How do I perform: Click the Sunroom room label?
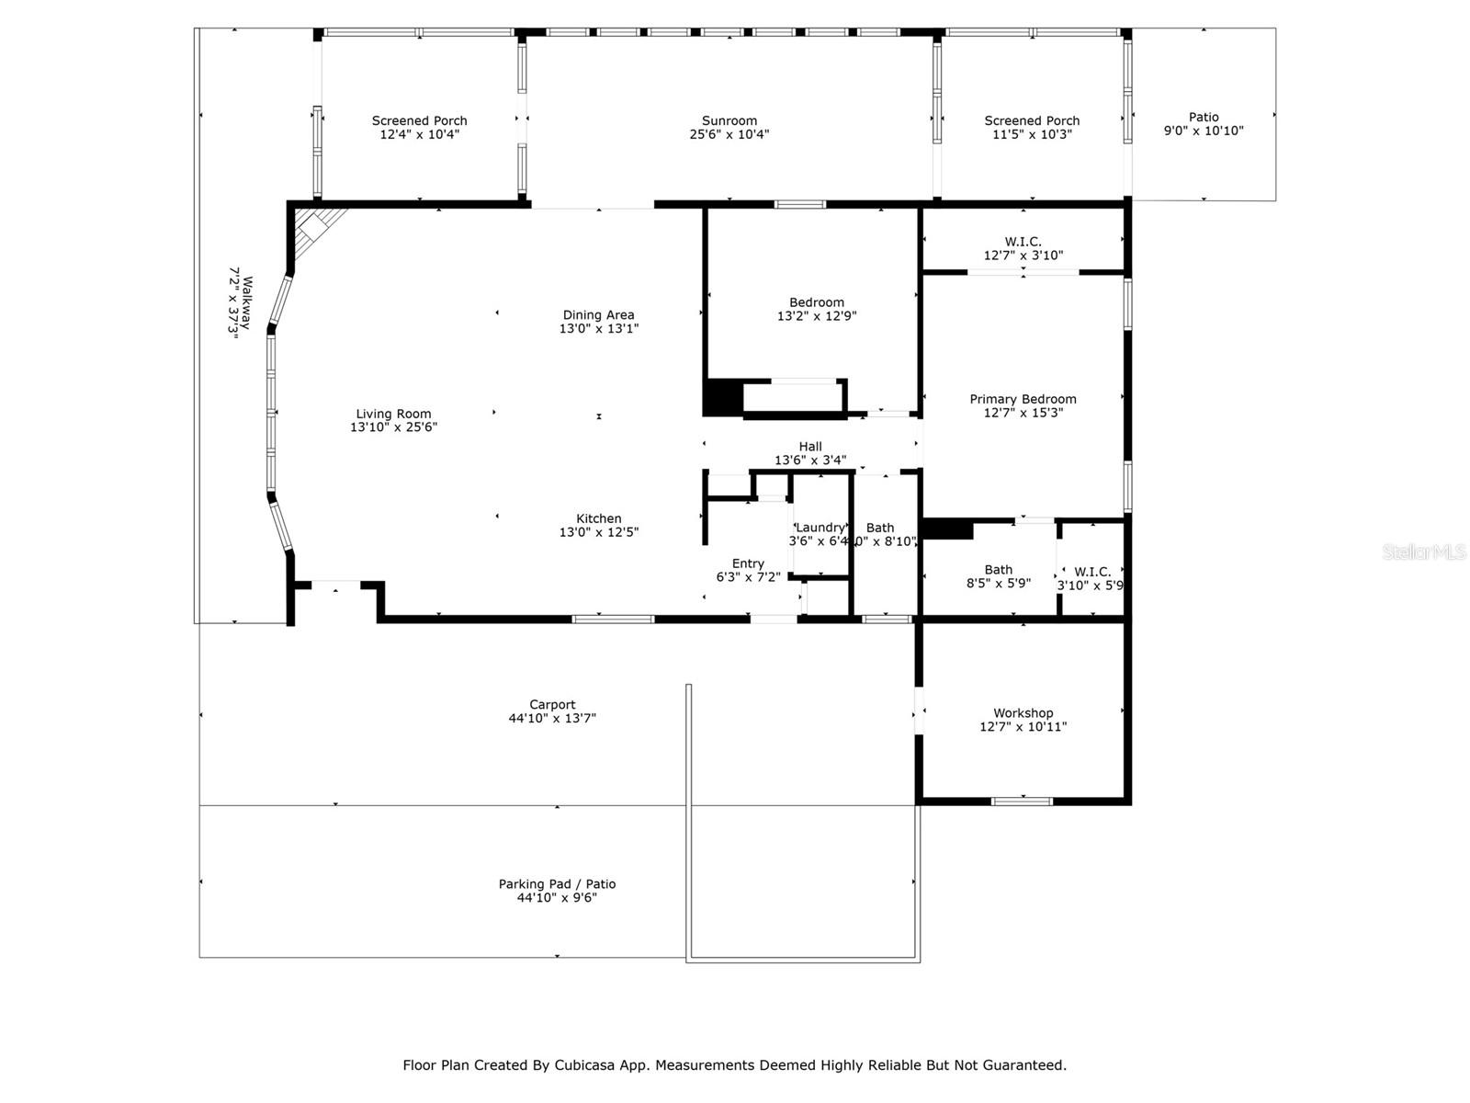click(x=729, y=120)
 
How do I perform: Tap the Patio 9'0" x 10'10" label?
click(x=1203, y=124)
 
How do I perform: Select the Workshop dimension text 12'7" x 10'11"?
click(x=1023, y=727)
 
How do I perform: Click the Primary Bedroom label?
click(x=1023, y=399)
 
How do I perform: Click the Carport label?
click(x=552, y=705)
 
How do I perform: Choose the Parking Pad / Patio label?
click(x=557, y=884)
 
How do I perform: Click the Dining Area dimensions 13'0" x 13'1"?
click(x=598, y=328)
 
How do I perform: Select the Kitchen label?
click(x=598, y=518)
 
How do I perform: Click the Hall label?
click(x=809, y=447)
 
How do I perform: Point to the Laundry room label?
click(x=819, y=528)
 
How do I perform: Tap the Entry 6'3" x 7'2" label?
click(x=748, y=571)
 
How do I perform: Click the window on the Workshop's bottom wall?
click(x=1022, y=802)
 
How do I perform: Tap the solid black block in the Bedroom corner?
click(x=722, y=397)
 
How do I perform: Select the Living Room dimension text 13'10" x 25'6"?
click(x=393, y=427)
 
